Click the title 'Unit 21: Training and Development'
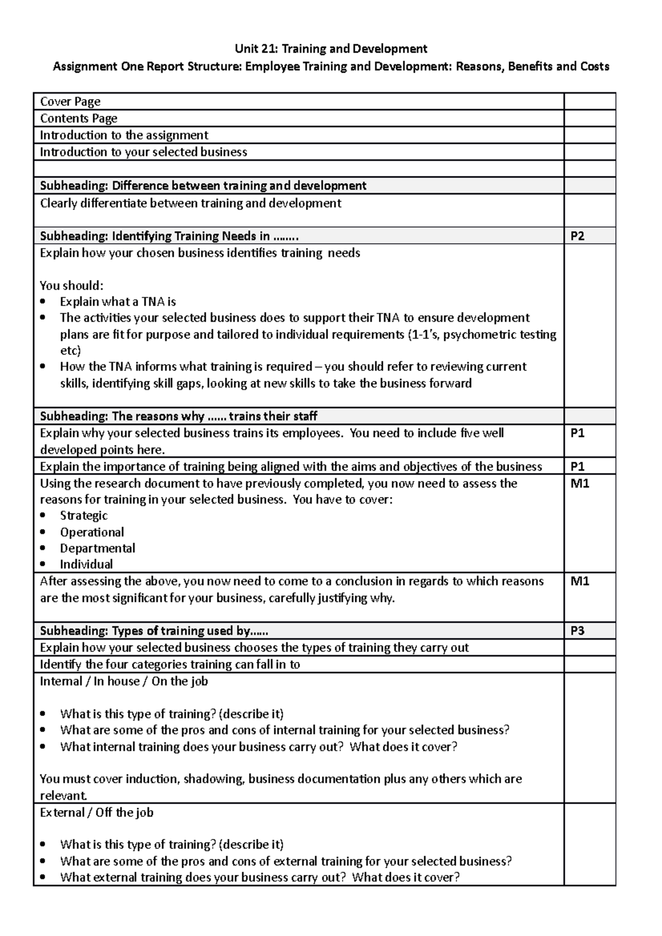(331, 49)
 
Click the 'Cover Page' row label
(70, 101)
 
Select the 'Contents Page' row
(78, 119)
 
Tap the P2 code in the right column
(577, 236)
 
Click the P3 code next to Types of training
(577, 631)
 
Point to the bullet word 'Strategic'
(84, 516)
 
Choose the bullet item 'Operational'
(92, 532)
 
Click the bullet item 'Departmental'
(98, 548)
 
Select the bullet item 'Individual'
(87, 564)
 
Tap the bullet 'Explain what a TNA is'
(118, 302)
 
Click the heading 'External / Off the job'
(97, 813)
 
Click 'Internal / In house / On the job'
(124, 681)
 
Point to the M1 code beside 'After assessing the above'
(579, 582)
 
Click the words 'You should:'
(72, 286)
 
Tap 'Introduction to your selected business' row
(143, 152)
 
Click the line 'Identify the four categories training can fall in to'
(170, 665)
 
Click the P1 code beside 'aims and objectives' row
(577, 467)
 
